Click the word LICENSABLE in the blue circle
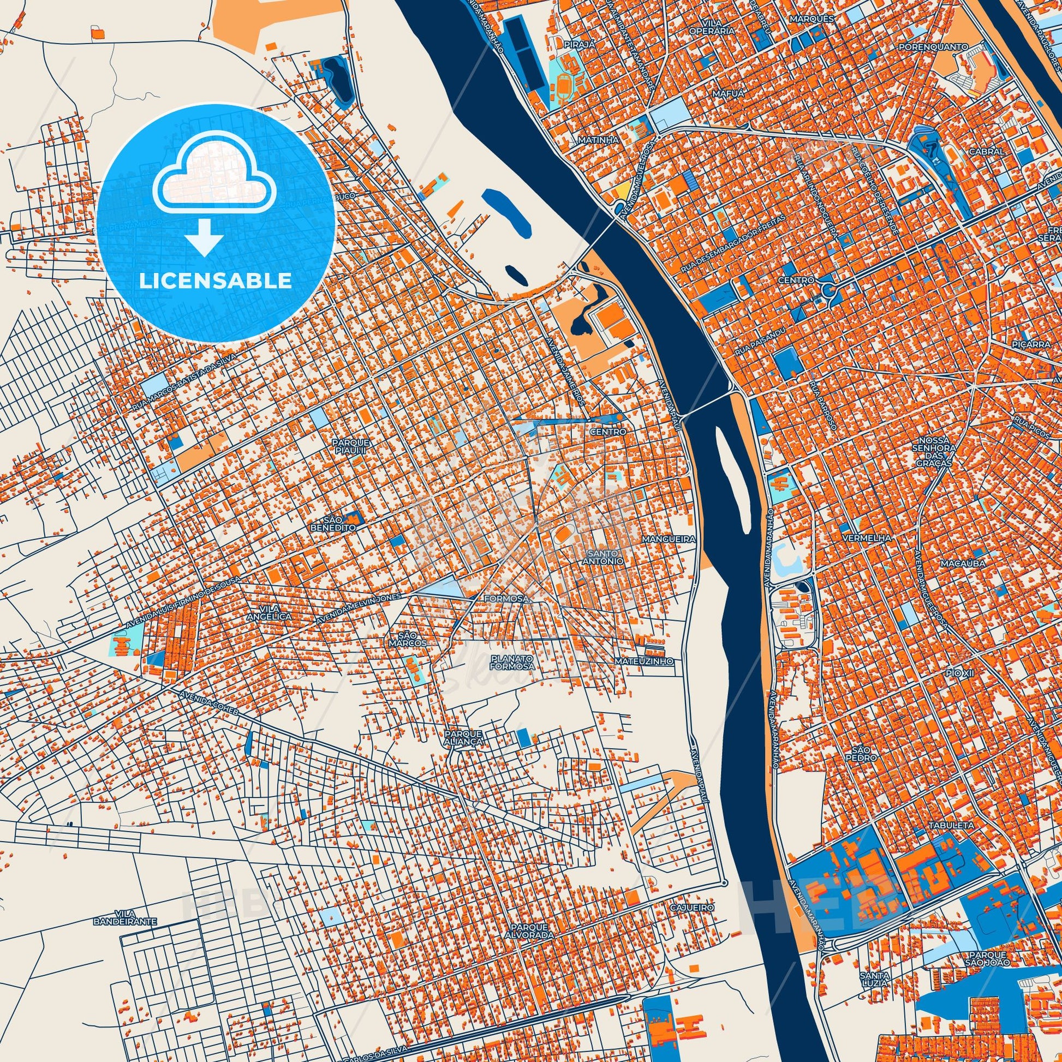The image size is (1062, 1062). (x=216, y=281)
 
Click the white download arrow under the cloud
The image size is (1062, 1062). (x=204, y=237)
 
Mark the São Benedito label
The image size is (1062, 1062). (x=341, y=523)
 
